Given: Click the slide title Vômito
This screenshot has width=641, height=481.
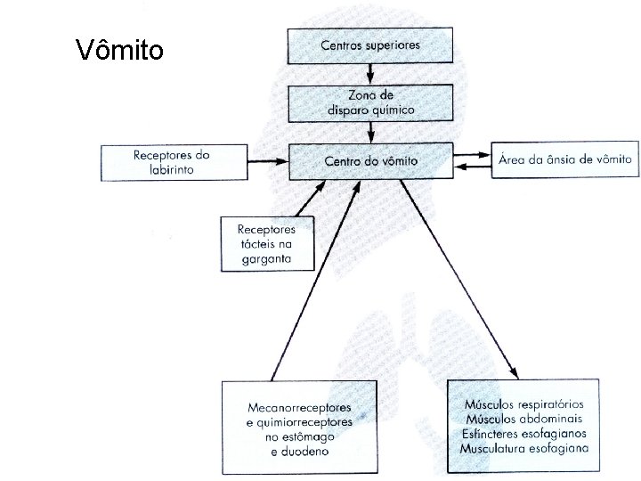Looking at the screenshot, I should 120,49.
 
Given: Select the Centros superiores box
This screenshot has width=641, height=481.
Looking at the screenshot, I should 369,45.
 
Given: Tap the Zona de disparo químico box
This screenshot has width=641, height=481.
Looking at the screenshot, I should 369,102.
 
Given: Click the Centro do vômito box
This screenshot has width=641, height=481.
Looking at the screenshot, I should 370,161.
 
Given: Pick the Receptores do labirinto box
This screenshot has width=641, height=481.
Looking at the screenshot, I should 172,161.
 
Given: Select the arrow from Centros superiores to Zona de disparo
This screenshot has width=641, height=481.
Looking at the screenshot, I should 369,73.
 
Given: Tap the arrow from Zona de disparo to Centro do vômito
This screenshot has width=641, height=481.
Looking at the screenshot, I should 369,132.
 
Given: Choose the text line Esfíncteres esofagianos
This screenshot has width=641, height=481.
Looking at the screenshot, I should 524,433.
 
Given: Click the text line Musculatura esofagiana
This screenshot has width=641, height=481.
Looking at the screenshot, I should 524,446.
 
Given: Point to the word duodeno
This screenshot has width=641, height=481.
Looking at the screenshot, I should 299,452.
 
